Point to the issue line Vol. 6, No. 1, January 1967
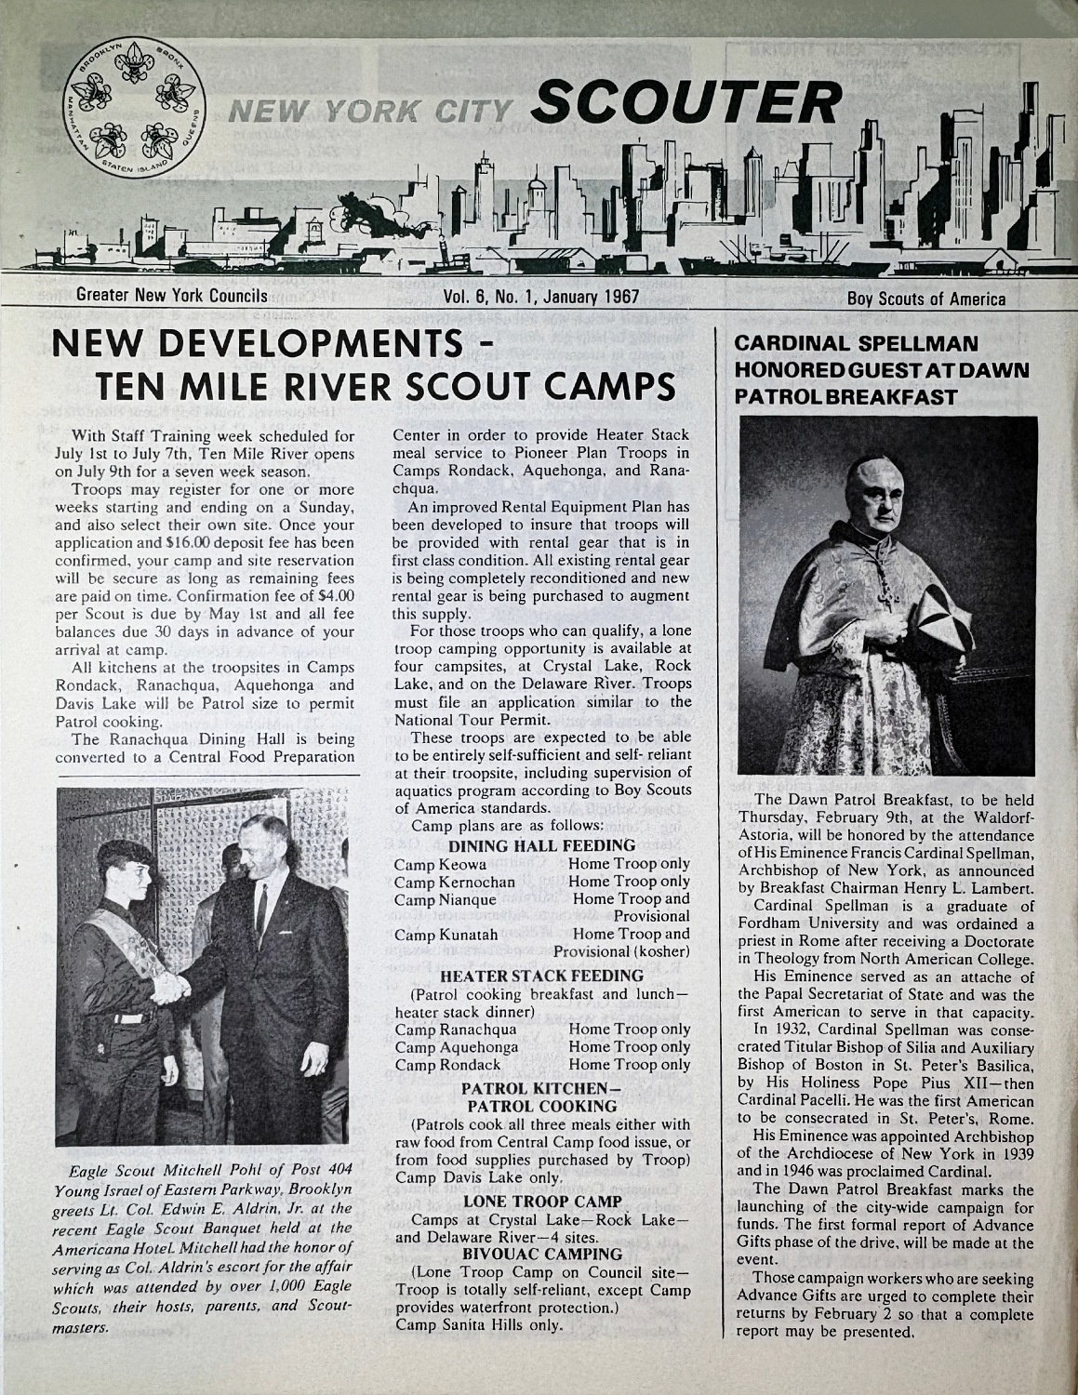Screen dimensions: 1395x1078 tap(541, 299)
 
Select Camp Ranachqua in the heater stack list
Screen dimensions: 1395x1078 tap(456, 1030)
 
